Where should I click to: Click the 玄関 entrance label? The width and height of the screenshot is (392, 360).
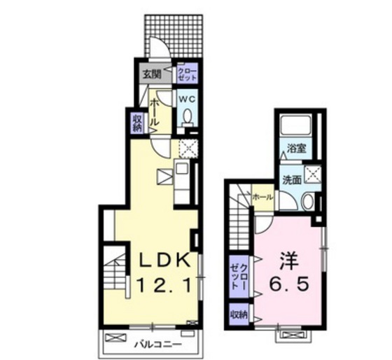(153, 74)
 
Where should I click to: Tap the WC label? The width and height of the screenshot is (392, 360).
(188, 99)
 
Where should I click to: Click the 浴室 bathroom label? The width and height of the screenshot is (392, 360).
(297, 148)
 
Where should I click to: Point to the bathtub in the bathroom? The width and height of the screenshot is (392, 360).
(295, 126)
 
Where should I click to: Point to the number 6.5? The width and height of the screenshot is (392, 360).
(290, 284)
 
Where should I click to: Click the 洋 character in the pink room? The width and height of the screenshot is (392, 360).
(290, 261)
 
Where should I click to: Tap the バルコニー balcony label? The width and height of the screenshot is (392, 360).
(157, 345)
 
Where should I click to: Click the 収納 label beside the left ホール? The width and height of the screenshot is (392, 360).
(137, 123)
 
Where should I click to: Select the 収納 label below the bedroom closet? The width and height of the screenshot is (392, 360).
(239, 314)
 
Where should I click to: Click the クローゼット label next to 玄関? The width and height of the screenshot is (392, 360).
(188, 74)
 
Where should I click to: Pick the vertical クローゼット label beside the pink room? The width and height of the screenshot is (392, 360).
(239, 277)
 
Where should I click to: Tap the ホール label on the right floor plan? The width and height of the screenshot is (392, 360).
(262, 198)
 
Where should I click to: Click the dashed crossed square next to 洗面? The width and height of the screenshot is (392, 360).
(312, 174)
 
